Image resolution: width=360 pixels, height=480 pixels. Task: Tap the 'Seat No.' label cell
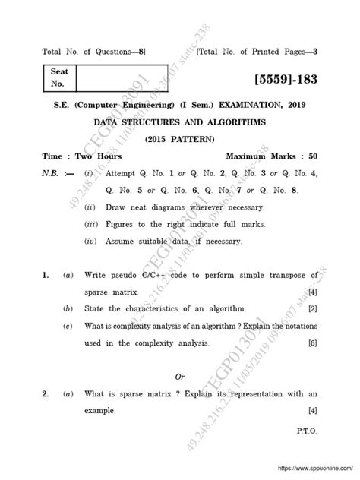pyautogui.click(x=58, y=81)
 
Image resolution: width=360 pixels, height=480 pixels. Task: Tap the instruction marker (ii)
pyautogui.click(x=90, y=207)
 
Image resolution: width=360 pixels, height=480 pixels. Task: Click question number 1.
pyautogui.click(x=46, y=274)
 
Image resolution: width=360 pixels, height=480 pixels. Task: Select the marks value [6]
pyautogui.click(x=312, y=343)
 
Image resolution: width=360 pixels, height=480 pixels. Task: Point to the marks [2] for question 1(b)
pyautogui.click(x=312, y=309)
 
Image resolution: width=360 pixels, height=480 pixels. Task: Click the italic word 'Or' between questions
pyautogui.click(x=180, y=377)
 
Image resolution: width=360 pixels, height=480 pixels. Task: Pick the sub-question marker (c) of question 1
pyautogui.click(x=68, y=326)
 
